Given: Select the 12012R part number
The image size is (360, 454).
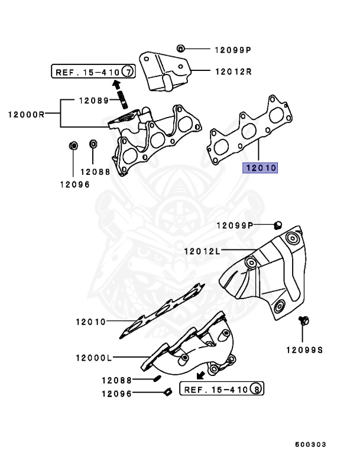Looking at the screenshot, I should pos(232,72).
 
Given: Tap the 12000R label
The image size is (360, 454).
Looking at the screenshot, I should pos(26,114).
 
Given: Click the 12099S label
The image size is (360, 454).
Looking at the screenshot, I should pos(305,350).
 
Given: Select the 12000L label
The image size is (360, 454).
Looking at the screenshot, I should pos(93,358).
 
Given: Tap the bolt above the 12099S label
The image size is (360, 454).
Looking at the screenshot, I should pos(304,320).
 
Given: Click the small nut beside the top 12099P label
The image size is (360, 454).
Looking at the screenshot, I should pos(181,48).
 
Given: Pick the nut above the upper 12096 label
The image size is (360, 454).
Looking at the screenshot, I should pos(73,145).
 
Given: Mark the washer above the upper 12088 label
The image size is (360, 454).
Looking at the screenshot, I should pos(93,144).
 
